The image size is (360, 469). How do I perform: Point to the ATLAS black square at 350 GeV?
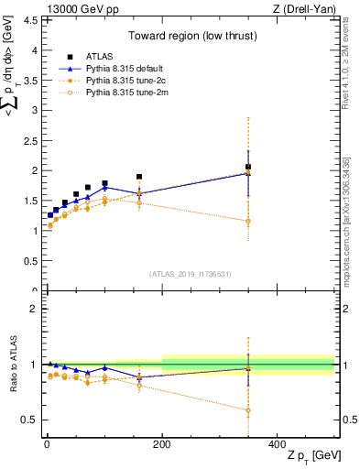click(248, 168)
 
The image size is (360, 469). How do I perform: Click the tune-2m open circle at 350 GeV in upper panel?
click(248, 221)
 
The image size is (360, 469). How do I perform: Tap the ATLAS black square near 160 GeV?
click(139, 177)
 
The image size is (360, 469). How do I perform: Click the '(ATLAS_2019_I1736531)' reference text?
click(191, 273)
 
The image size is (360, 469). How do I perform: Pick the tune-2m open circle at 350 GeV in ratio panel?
click(248, 410)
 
